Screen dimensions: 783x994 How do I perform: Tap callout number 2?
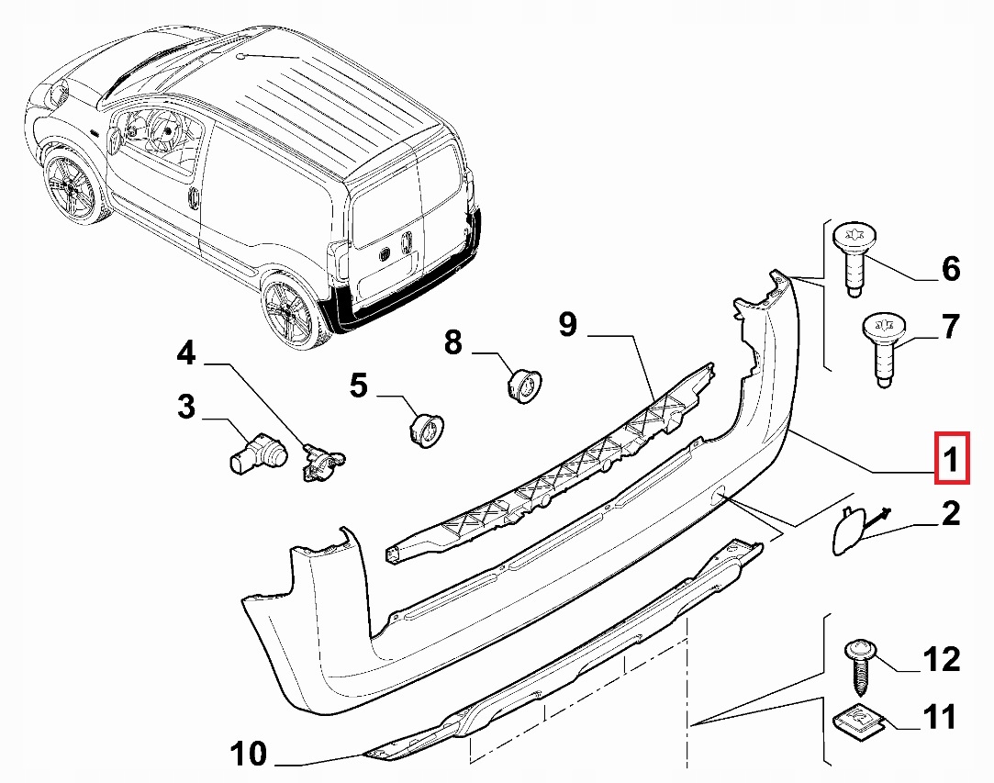tap(950, 514)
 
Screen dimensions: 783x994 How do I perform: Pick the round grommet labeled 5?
tap(425, 428)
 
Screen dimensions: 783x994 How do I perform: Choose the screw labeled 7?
tap(882, 349)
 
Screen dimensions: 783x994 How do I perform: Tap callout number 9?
tap(568, 324)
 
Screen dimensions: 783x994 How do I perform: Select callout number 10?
tap(249, 755)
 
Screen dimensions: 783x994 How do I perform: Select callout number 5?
tap(359, 386)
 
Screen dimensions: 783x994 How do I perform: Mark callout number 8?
tap(453, 343)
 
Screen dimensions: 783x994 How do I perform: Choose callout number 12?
tap(942, 660)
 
